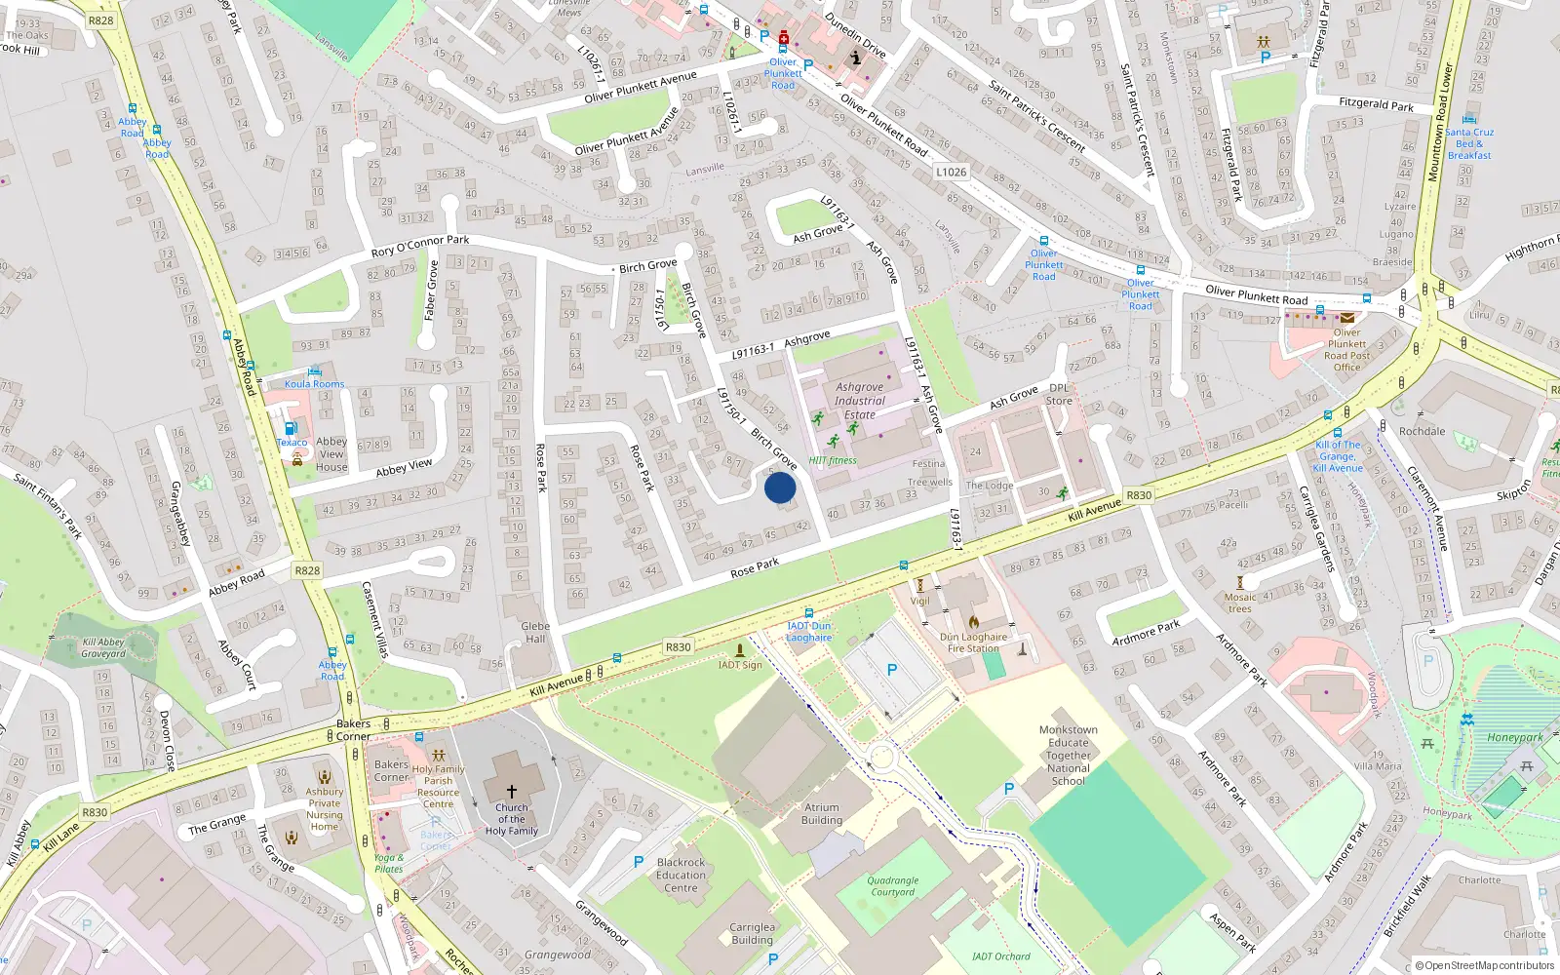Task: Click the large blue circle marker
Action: [780, 487]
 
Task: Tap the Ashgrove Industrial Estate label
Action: [860, 401]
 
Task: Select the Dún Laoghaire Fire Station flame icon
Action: [973, 621]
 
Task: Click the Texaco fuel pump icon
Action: [290, 428]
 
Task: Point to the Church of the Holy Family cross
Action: [512, 792]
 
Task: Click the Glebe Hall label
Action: [535, 633]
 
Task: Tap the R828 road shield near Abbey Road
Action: [307, 570]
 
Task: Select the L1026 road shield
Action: [952, 173]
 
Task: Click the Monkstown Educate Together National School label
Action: [1069, 756]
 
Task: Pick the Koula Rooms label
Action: [314, 384]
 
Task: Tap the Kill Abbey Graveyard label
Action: [103, 647]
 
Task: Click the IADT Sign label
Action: [740, 665]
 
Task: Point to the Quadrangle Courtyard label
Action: [893, 886]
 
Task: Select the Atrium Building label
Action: [822, 813]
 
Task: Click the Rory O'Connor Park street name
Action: [420, 246]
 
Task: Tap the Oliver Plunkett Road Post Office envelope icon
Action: [1346, 318]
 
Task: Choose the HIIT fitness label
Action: [833, 460]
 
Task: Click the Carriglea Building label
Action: [752, 934]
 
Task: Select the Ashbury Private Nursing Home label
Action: [325, 809]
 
